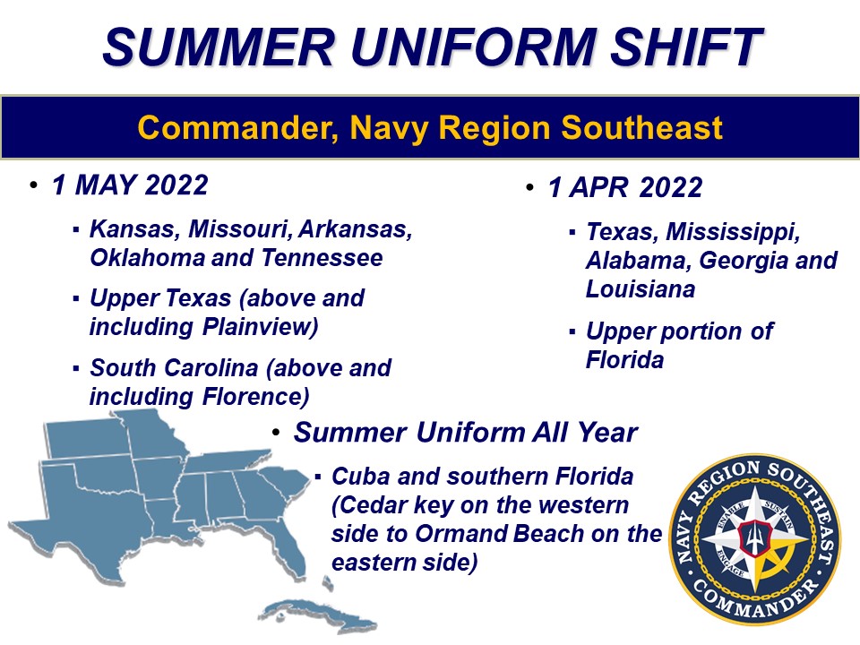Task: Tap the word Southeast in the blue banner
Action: point(641,128)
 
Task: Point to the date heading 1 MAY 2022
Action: point(130,185)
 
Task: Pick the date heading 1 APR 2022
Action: point(625,187)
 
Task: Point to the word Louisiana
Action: point(641,289)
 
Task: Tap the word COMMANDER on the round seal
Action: point(756,599)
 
